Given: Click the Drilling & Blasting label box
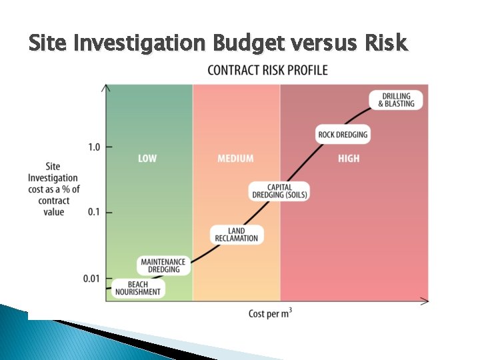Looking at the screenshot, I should point(396,99).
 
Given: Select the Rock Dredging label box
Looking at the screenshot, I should point(343,135).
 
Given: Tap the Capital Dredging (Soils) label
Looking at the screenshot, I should point(279,191).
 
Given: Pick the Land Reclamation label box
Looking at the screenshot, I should point(237,235).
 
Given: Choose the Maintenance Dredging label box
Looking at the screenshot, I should point(164,265).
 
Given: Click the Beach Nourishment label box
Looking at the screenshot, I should point(138,288).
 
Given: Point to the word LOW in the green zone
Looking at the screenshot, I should point(147,159).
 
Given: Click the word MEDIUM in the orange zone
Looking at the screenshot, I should point(235,159).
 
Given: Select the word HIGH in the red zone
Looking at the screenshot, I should point(348,159).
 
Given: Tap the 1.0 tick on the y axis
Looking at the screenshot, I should point(94,147).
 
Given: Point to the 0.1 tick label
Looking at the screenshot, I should point(94,212).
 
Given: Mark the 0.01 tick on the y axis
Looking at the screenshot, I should point(92,278).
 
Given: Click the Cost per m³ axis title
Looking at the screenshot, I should point(270,313).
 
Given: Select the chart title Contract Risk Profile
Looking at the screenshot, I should point(267,70).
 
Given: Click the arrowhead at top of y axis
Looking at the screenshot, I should point(105,87).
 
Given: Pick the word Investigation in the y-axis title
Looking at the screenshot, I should point(53,178).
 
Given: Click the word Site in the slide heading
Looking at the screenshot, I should point(48,43).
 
